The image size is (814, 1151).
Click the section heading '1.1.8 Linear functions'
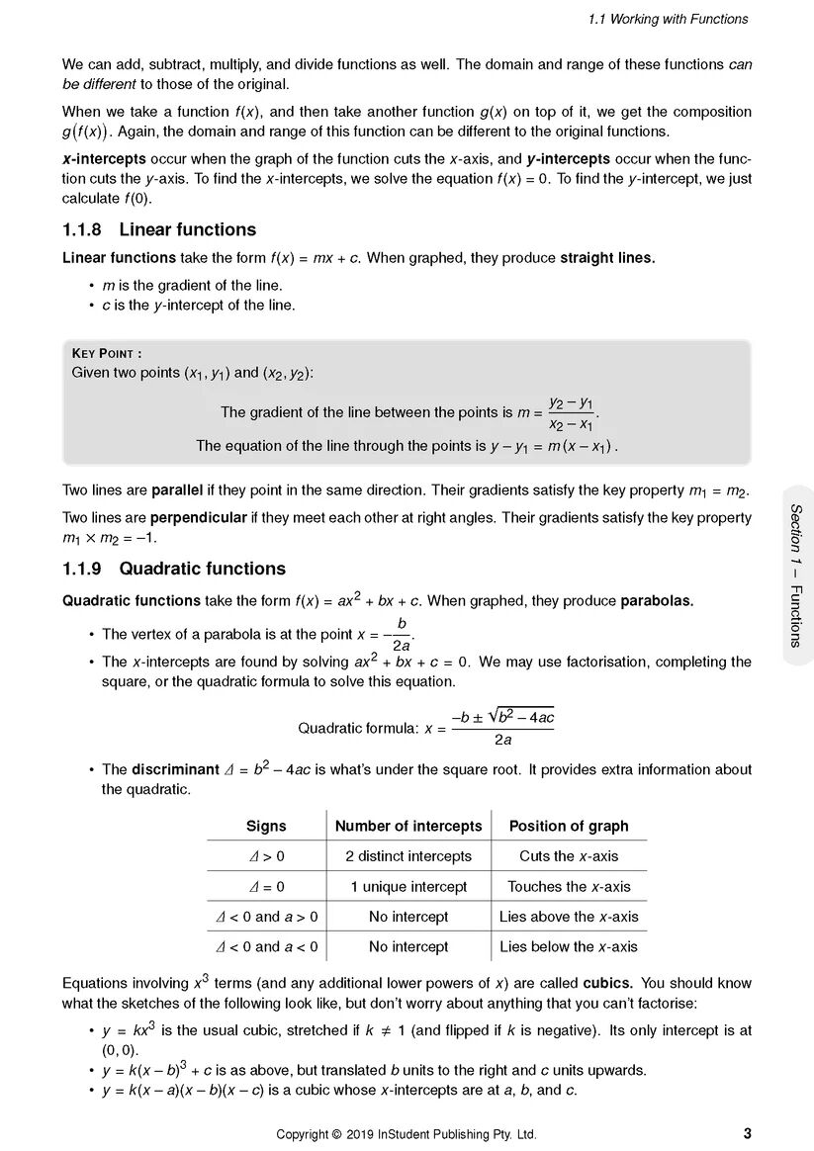tap(158, 230)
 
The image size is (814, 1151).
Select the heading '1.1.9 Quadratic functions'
tap(173, 569)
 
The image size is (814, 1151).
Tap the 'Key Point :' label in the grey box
tap(107, 354)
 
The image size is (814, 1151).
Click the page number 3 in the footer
tap(747, 1133)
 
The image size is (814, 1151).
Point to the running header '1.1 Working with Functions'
tap(668, 19)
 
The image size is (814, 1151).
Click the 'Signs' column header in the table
tap(265, 826)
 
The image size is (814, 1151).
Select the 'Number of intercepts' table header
tap(408, 826)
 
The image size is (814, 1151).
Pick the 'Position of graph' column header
tap(569, 826)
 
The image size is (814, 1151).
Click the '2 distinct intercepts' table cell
tap(408, 856)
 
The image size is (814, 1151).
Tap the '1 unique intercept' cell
tap(408, 887)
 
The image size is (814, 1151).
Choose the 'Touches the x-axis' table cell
tap(569, 887)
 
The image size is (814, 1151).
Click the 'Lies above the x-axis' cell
tap(569, 917)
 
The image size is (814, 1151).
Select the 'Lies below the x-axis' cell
tap(569, 946)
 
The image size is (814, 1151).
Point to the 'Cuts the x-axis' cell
tap(569, 856)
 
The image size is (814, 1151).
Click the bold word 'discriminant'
tap(175, 769)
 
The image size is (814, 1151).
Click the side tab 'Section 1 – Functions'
tap(795, 575)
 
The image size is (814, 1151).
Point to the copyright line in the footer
tap(407, 1134)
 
